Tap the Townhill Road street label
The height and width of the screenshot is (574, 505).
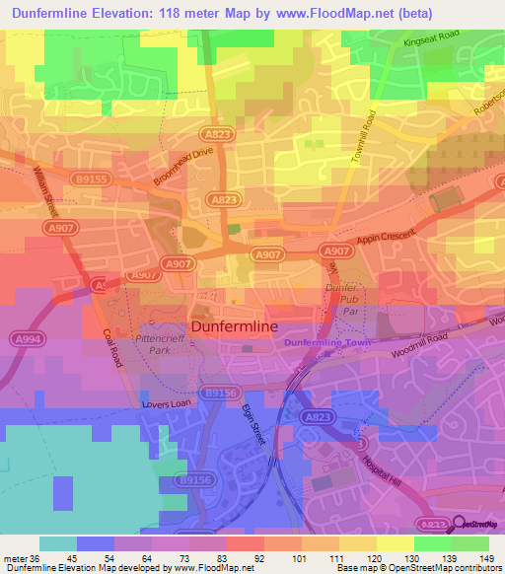point(366,137)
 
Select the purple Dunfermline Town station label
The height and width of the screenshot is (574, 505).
point(325,341)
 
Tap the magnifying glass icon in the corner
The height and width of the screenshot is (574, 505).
point(455,527)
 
